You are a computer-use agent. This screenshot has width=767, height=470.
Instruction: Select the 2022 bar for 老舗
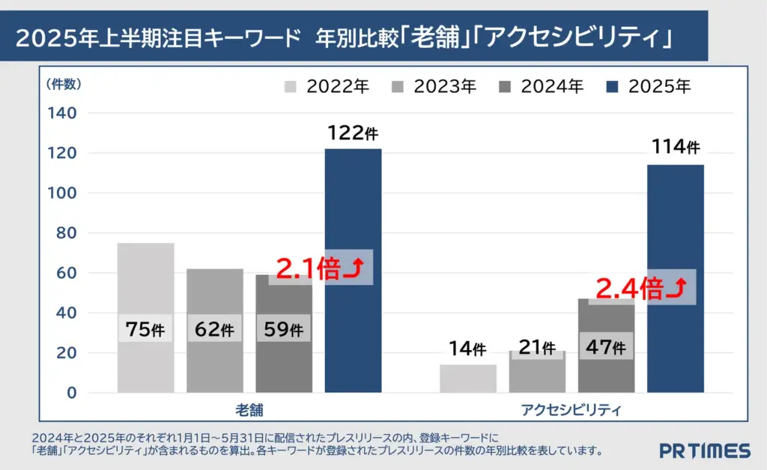click(x=146, y=285)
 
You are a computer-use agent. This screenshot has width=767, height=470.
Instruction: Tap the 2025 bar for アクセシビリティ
click(x=675, y=225)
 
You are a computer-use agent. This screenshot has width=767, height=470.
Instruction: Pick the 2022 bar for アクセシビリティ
click(x=468, y=379)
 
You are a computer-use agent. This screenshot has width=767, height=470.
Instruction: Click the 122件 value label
click(x=353, y=133)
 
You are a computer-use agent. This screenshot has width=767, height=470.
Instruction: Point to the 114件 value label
click(x=675, y=146)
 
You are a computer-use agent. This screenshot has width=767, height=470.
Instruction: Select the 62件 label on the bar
click(x=215, y=329)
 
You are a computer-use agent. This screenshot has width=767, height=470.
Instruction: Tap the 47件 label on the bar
click(x=606, y=347)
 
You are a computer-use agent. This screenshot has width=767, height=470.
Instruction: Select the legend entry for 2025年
click(x=649, y=86)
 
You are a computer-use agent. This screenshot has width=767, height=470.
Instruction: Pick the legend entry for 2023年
click(x=434, y=86)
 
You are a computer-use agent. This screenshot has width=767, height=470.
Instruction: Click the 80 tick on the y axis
click(x=66, y=233)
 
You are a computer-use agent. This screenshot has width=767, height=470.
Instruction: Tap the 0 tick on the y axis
click(x=71, y=393)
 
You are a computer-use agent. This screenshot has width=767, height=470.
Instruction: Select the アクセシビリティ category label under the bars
click(x=571, y=411)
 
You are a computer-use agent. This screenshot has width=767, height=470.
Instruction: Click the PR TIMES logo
click(x=704, y=451)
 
